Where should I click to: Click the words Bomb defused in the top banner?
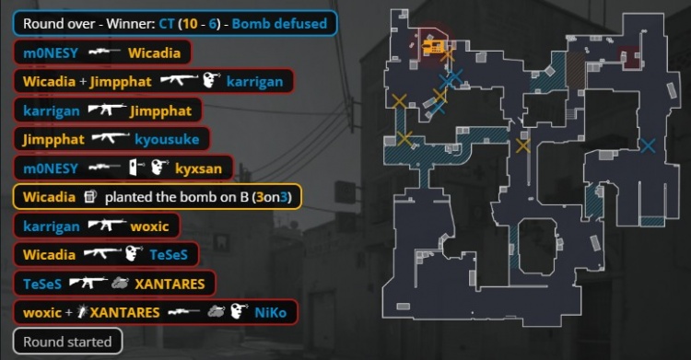(x=279, y=23)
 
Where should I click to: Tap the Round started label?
(x=67, y=342)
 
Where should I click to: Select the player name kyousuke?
(x=167, y=139)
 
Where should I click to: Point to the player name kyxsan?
(x=198, y=168)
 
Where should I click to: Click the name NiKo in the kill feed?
(x=270, y=312)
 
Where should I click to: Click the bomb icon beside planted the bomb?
(x=90, y=196)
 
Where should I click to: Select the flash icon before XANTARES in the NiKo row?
(x=82, y=312)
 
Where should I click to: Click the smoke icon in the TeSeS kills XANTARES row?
(x=120, y=283)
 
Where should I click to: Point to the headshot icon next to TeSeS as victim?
(x=134, y=254)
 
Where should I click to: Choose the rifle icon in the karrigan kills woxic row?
(x=107, y=226)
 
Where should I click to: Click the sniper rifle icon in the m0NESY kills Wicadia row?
(x=104, y=52)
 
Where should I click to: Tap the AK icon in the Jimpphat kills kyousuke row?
(x=111, y=138)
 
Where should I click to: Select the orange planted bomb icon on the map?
(x=433, y=46)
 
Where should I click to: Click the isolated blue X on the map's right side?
(x=648, y=145)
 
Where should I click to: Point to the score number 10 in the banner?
(x=190, y=23)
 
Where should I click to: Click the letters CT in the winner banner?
(x=167, y=23)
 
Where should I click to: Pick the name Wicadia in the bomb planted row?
(x=50, y=196)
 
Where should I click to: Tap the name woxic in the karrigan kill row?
(x=149, y=226)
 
